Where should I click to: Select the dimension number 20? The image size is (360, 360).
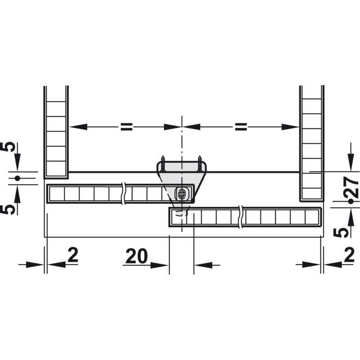point(137,256)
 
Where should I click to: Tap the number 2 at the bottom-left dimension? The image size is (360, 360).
point(73,255)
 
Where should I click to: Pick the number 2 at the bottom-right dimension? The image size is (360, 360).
point(349,255)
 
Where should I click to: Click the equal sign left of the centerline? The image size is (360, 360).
point(127,127)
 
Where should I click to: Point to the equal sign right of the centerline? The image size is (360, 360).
point(241,127)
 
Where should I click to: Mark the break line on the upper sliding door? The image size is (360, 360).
point(123,193)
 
